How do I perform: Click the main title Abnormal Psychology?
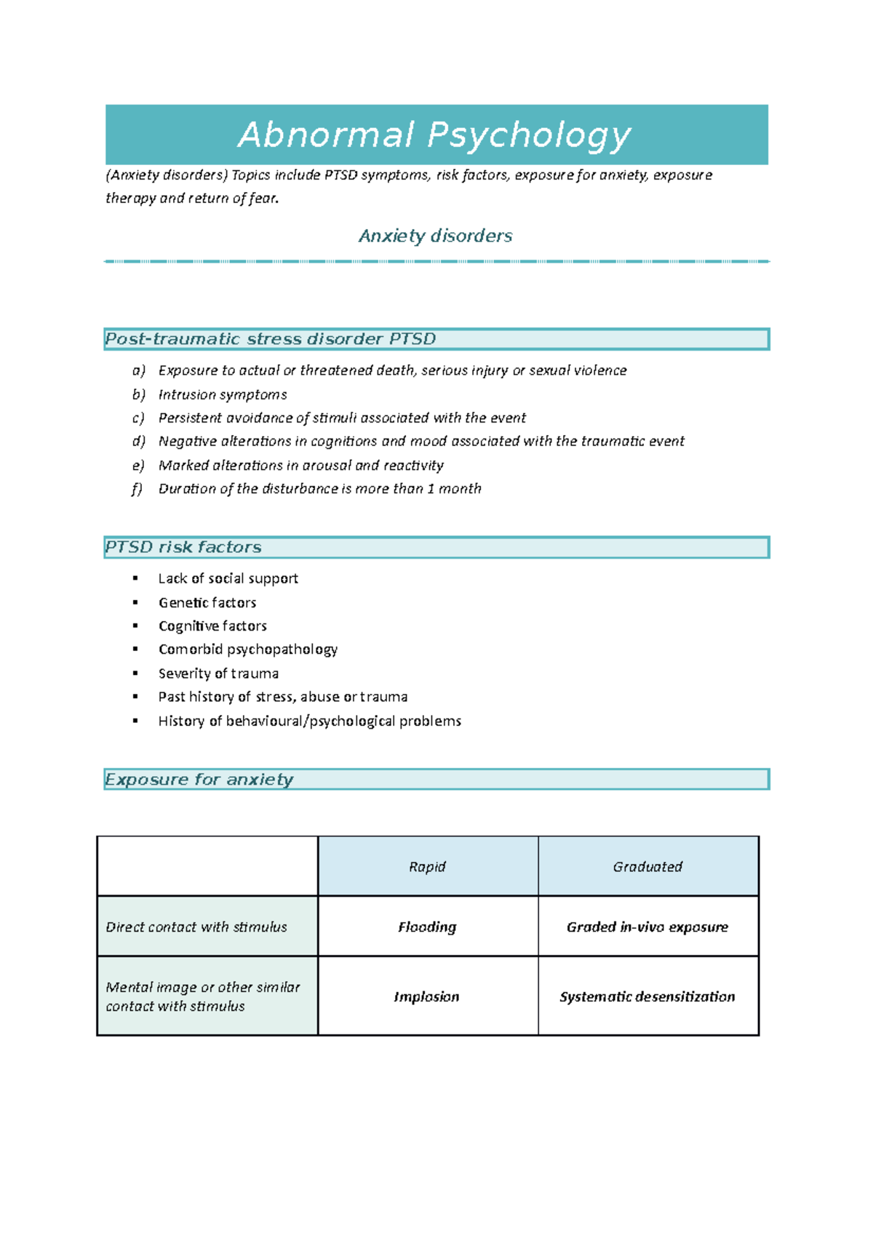pyautogui.click(x=434, y=135)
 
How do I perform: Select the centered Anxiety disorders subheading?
pyautogui.click(x=435, y=236)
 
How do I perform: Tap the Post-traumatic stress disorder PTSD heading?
pyautogui.click(x=270, y=339)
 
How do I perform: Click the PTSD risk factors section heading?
pyautogui.click(x=183, y=547)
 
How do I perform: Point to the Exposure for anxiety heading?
pyautogui.click(x=199, y=779)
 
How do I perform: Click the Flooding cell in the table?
pyautogui.click(x=427, y=927)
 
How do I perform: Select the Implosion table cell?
pyautogui.click(x=426, y=996)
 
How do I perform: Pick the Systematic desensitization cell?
pyautogui.click(x=647, y=996)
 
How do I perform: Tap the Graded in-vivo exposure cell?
pyautogui.click(x=647, y=927)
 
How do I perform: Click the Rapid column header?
pyautogui.click(x=427, y=866)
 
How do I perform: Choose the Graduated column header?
pyautogui.click(x=647, y=866)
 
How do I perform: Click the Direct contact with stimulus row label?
pyautogui.click(x=196, y=927)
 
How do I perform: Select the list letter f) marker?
pyautogui.click(x=137, y=489)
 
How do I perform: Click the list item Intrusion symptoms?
pyautogui.click(x=223, y=394)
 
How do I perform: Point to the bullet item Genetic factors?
pyautogui.click(x=207, y=602)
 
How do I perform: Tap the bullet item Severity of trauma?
pyautogui.click(x=218, y=674)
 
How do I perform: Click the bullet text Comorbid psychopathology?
pyautogui.click(x=248, y=649)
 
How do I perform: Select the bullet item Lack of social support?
pyautogui.click(x=228, y=578)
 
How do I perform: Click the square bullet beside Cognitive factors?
pyautogui.click(x=135, y=626)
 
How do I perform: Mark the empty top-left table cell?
pyautogui.click(x=207, y=866)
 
